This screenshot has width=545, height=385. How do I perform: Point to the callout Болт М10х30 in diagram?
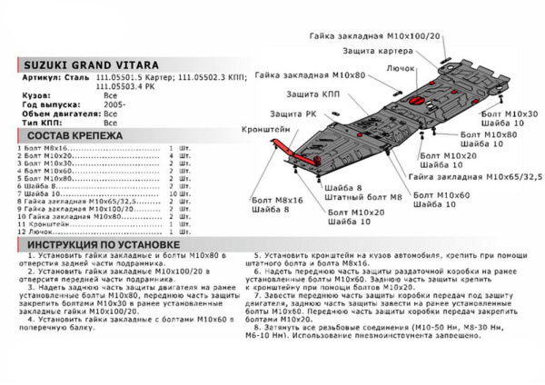(512, 112)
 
